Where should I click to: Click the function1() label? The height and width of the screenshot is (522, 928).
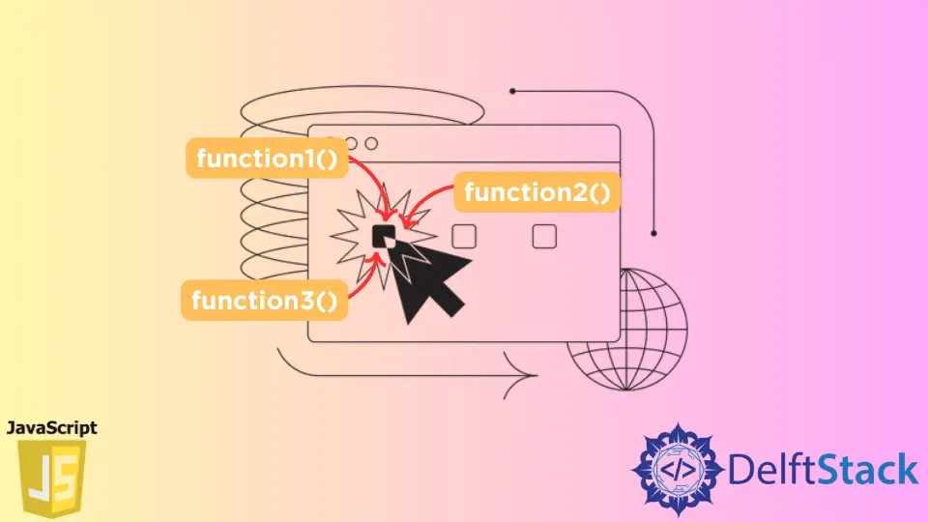click(x=266, y=159)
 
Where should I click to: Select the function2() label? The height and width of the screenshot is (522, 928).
click(x=536, y=193)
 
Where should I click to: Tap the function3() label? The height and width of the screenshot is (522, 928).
click(x=264, y=302)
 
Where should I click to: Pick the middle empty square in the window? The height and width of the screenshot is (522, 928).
click(x=464, y=236)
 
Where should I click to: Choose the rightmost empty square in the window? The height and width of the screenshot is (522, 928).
click(x=544, y=236)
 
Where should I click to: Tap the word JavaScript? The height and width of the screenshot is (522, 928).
click(x=51, y=427)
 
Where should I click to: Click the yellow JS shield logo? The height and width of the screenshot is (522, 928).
click(x=51, y=479)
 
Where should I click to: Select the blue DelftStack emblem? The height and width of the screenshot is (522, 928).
click(x=676, y=469)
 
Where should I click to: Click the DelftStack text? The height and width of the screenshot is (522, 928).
click(x=822, y=470)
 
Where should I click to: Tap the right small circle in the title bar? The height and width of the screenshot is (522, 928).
click(x=370, y=143)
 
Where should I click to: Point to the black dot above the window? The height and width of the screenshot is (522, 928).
click(x=512, y=92)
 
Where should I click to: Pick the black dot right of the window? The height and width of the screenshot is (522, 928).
click(x=654, y=233)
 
